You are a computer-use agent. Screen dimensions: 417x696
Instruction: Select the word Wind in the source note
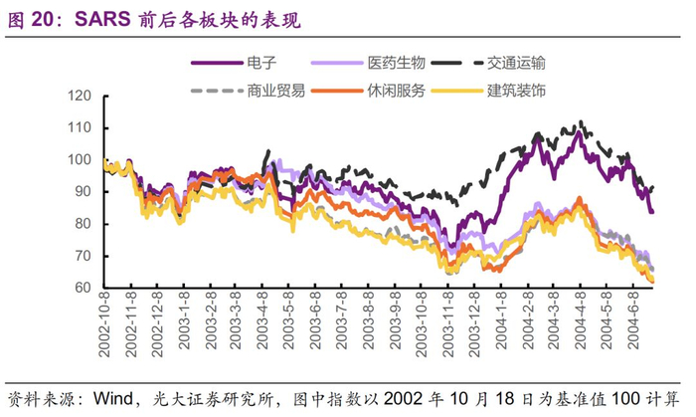[x=114, y=397]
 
